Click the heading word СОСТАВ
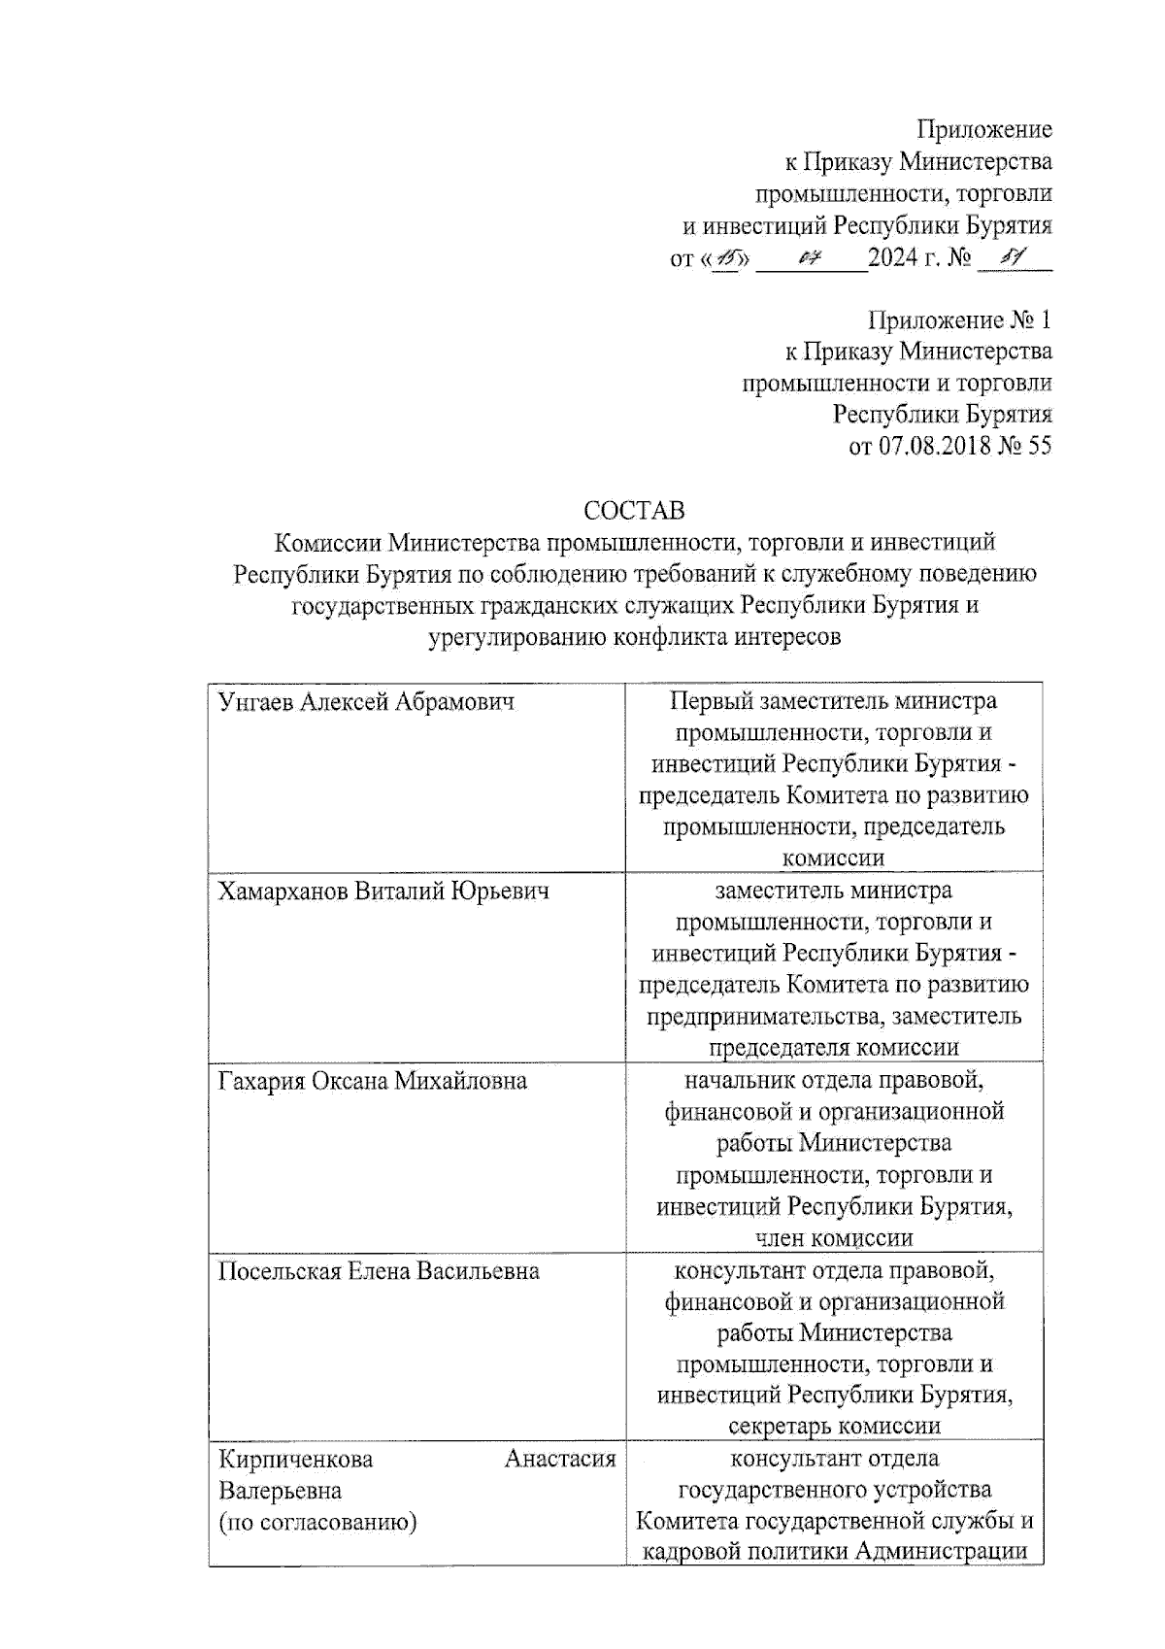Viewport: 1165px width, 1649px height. (x=634, y=510)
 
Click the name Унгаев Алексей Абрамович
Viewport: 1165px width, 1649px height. (x=366, y=701)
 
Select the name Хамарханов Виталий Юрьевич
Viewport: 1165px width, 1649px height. (x=383, y=891)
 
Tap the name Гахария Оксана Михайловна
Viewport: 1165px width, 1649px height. (x=373, y=1081)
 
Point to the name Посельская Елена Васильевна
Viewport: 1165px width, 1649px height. (x=379, y=1271)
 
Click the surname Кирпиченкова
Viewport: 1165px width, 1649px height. (x=296, y=1459)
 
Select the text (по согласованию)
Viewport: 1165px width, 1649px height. (x=317, y=1522)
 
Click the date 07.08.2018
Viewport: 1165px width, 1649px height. (x=934, y=446)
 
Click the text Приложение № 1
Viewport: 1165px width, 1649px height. (x=959, y=320)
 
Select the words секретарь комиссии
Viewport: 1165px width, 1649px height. (x=834, y=1427)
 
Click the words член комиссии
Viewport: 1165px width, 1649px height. (x=834, y=1238)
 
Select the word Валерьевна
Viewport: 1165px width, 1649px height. (x=280, y=1491)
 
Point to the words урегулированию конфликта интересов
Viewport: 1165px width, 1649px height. (x=634, y=637)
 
